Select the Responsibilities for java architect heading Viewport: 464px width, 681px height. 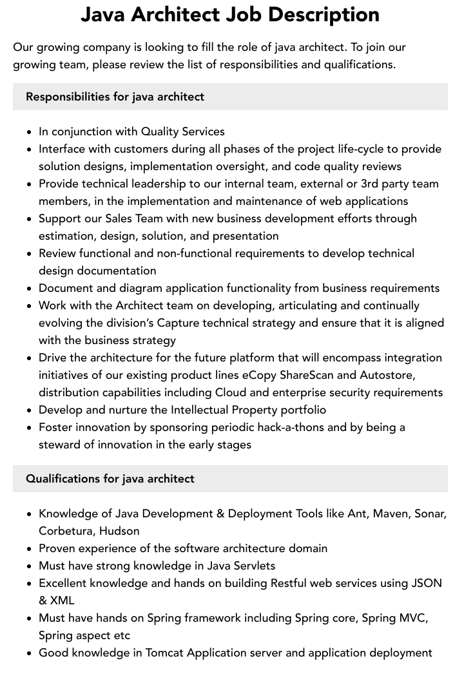[115, 97]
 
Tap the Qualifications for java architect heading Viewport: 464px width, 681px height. [110, 479]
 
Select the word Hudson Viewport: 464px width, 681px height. [120, 531]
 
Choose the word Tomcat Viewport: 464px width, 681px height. [167, 653]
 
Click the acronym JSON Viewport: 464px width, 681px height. [426, 583]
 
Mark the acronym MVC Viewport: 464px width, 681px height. [412, 618]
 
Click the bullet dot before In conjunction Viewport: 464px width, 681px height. [30, 132]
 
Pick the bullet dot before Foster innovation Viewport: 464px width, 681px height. [30, 428]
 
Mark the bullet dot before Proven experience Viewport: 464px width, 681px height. [30, 549]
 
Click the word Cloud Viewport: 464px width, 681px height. [231, 392]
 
